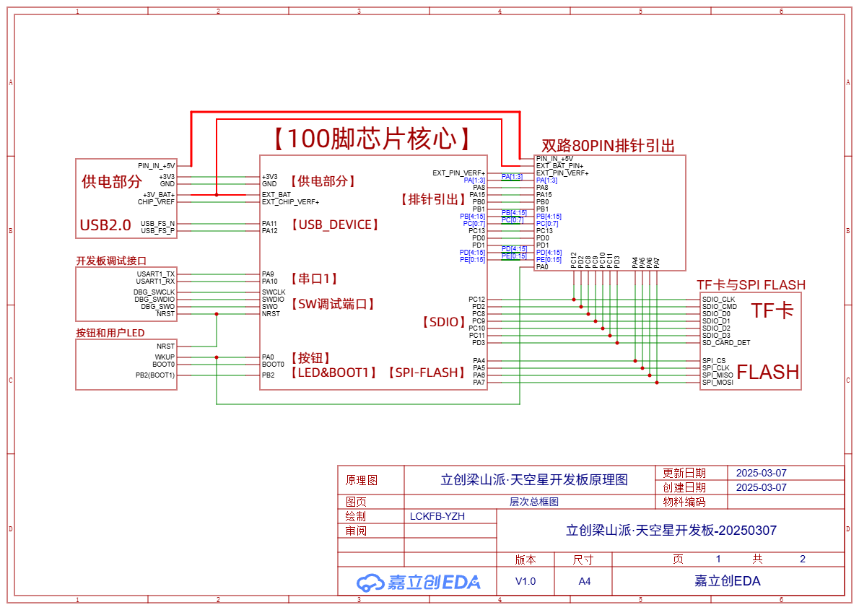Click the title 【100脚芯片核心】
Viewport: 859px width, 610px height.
coord(372,139)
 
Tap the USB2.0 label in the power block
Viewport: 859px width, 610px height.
coord(105,225)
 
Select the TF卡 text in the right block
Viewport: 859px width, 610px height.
coord(772,311)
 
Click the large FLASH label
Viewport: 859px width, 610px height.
coord(768,372)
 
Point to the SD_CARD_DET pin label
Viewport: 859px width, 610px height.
coord(726,343)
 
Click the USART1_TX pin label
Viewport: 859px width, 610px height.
coord(155,274)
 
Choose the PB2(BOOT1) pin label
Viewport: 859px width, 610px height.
coord(154,375)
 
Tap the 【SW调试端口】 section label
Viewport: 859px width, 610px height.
coord(333,304)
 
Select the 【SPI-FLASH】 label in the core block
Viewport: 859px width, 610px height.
coord(425,372)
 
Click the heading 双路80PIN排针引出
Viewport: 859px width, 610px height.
coord(608,146)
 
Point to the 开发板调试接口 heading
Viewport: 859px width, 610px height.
coord(111,261)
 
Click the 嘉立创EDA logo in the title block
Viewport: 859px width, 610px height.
coord(419,582)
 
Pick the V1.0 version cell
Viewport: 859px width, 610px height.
coord(525,581)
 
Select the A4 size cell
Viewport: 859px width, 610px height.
coord(584,581)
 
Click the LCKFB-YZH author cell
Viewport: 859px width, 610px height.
coord(437,516)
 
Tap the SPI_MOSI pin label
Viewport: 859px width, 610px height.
coord(718,383)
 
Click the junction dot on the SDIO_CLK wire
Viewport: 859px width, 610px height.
coord(574,299)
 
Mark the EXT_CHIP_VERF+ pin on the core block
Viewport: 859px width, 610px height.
coord(290,202)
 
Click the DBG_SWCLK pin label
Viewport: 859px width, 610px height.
coord(154,292)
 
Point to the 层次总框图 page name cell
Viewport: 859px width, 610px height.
coord(534,502)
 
